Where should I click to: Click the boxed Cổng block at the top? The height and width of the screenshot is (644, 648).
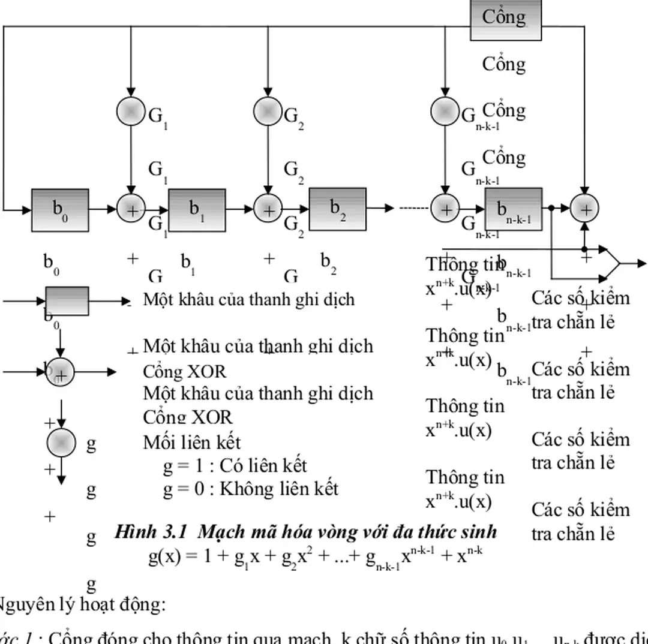tap(505, 19)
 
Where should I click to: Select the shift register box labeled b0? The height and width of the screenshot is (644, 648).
tap(60, 210)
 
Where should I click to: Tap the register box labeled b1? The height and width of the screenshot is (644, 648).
tap(197, 210)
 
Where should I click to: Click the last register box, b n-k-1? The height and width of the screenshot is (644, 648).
tap(513, 209)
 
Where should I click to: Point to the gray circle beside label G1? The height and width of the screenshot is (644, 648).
tap(131, 112)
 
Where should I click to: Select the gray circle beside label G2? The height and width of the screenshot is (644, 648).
tap(268, 112)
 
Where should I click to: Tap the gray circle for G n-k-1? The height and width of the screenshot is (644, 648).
tap(445, 112)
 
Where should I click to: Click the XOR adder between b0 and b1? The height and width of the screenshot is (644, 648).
tap(131, 209)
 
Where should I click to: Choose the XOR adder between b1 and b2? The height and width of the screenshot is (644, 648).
tap(268, 209)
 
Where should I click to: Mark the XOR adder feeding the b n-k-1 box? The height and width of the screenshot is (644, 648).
tap(445, 209)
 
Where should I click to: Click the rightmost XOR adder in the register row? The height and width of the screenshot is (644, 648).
tap(584, 209)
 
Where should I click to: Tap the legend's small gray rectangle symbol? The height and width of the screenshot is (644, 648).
tap(67, 300)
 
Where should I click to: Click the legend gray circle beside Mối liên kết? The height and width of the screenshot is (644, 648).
tap(61, 443)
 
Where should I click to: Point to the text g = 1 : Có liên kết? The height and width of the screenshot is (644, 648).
tap(235, 465)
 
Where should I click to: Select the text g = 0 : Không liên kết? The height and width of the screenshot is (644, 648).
tap(250, 489)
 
